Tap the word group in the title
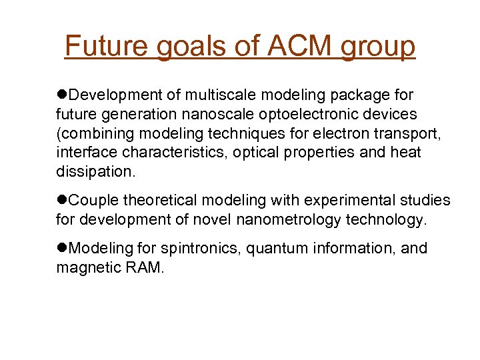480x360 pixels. point(378,47)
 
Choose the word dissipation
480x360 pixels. point(95,171)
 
